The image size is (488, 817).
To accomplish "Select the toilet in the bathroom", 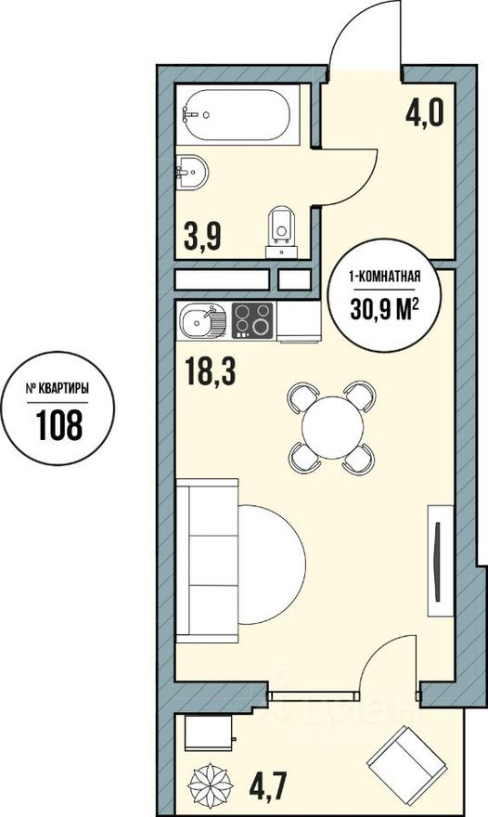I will click(x=280, y=228).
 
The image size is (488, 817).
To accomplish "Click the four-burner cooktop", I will click(x=252, y=321).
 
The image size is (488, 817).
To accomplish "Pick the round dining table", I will click(x=330, y=426).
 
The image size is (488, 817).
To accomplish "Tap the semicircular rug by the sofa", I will click(x=272, y=562).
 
